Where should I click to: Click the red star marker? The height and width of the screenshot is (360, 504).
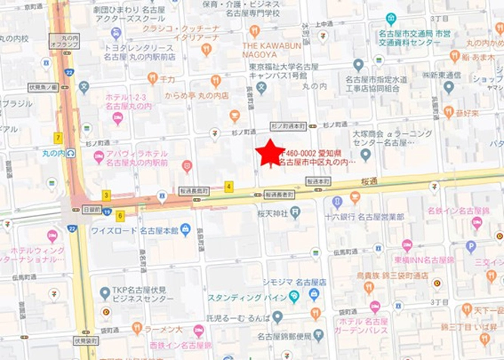(270, 153)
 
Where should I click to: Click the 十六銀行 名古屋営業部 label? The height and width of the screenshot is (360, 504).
(369, 216)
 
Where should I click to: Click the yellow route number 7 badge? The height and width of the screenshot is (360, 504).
(57, 138)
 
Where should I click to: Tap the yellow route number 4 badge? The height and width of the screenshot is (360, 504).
(229, 186)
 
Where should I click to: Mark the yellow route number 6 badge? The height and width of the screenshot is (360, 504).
(121, 216)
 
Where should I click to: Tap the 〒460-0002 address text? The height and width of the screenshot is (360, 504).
(311, 151)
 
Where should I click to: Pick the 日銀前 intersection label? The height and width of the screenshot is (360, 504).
(91, 209)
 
